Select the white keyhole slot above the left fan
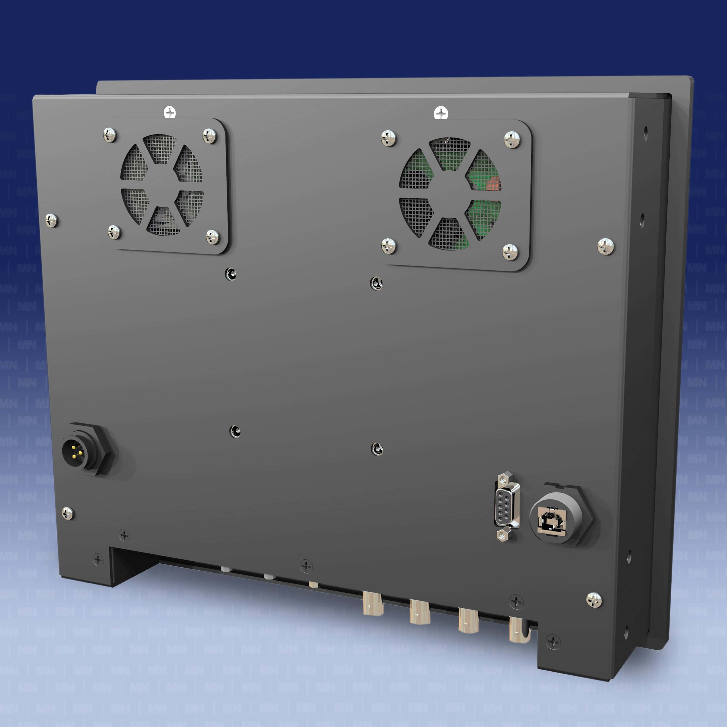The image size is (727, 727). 170,112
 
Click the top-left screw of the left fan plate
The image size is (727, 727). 110,134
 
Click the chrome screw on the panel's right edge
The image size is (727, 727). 605,246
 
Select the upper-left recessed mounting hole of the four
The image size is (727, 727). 231,274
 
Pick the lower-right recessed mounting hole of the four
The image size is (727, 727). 377,449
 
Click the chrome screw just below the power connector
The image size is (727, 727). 68,513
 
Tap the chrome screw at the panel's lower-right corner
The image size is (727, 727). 594,600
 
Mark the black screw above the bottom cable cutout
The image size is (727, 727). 306,565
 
